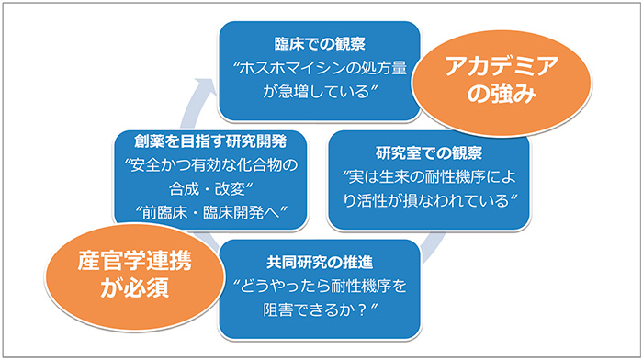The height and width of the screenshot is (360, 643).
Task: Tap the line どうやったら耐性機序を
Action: pos(319,287)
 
